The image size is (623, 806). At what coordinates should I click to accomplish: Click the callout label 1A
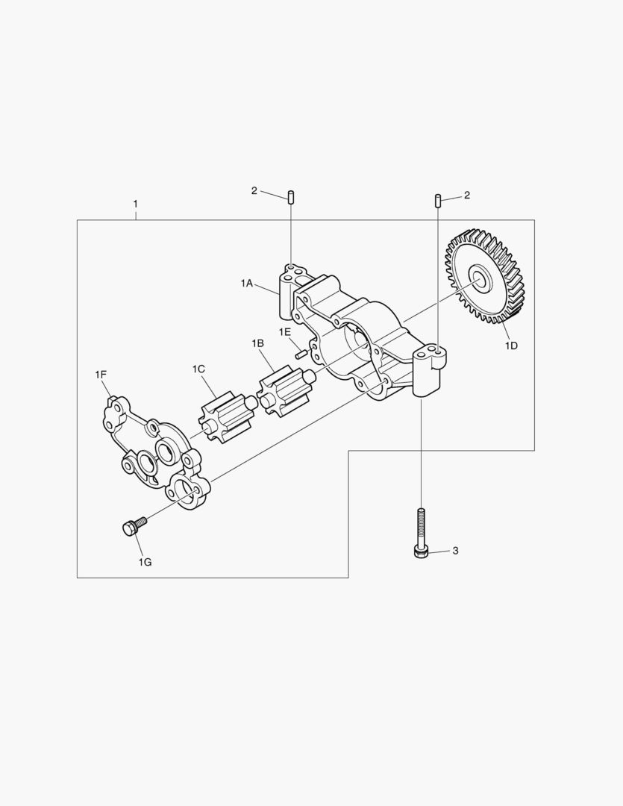point(247,283)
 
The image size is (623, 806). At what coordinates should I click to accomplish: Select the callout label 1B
point(257,343)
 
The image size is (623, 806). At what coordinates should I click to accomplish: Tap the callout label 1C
point(198,369)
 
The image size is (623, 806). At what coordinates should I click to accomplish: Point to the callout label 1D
point(510,346)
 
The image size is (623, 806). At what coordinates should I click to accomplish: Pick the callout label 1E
point(285,331)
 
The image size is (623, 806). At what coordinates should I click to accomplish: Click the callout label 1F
point(100,375)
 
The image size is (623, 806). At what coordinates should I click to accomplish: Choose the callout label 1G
point(145,563)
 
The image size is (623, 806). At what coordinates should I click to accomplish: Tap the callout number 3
point(455,551)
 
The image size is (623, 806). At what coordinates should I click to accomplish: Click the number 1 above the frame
point(136,204)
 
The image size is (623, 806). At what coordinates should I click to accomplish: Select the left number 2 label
point(254,191)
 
